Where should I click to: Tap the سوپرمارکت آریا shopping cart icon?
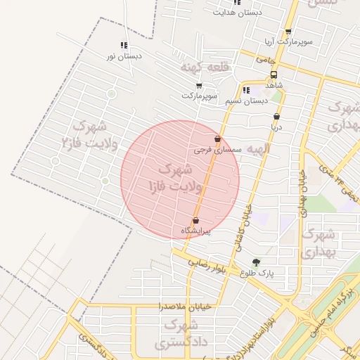[x=288, y=32]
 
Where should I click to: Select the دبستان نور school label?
[x=124, y=55]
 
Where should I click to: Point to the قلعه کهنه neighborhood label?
[x=205, y=67]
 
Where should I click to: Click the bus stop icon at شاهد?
[x=274, y=75]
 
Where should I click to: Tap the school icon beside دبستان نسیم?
[x=245, y=90]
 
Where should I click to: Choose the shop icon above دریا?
[x=276, y=117]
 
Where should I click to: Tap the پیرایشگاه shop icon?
[x=195, y=220]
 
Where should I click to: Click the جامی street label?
[x=265, y=60]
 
